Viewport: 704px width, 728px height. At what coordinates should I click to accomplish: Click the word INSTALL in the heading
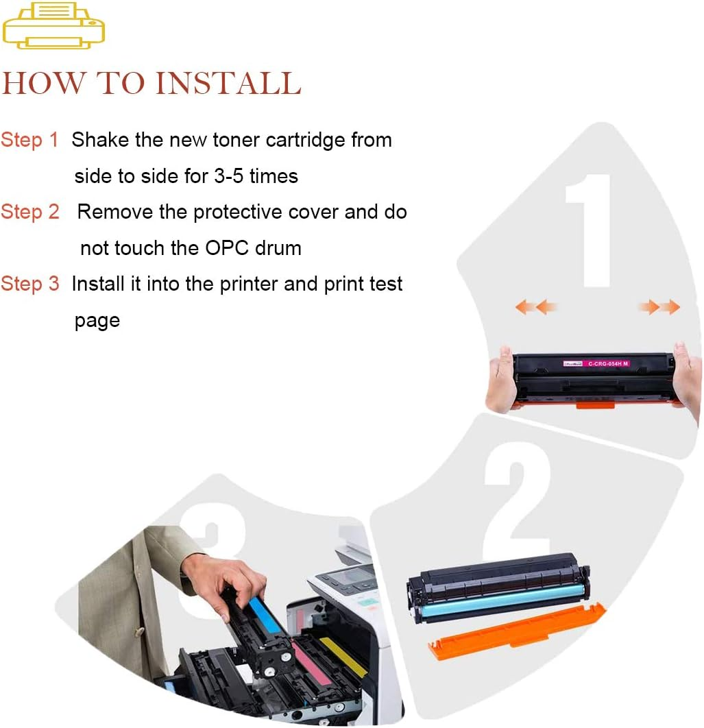228,84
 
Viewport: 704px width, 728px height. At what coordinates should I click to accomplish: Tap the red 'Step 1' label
30,141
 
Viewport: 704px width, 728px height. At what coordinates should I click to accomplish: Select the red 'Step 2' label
30,213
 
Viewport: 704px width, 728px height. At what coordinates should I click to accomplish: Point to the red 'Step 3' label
30,284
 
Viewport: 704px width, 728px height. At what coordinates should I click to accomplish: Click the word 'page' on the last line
97,321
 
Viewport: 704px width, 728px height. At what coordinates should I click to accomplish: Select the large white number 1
589,230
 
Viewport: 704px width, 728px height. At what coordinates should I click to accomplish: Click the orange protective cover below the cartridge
518,630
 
